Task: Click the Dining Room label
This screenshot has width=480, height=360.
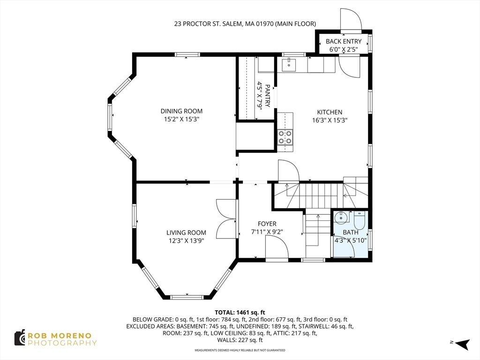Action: (181, 111)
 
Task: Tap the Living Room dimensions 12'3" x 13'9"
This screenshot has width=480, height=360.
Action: (186, 241)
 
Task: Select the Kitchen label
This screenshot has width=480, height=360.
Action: (330, 112)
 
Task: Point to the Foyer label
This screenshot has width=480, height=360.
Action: (267, 224)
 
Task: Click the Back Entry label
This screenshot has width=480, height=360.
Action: (344, 41)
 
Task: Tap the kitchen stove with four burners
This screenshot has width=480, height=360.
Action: (285, 137)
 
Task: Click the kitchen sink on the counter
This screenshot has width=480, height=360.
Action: (290, 65)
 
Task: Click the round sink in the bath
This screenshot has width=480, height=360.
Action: (341, 217)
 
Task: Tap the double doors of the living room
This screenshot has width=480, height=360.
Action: (226, 219)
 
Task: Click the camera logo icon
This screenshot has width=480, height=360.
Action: (20, 337)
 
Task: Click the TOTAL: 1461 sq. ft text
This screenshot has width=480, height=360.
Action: (240, 312)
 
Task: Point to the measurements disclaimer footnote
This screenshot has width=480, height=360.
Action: (240, 350)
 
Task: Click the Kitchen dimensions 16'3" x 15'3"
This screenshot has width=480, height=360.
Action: (330, 120)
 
